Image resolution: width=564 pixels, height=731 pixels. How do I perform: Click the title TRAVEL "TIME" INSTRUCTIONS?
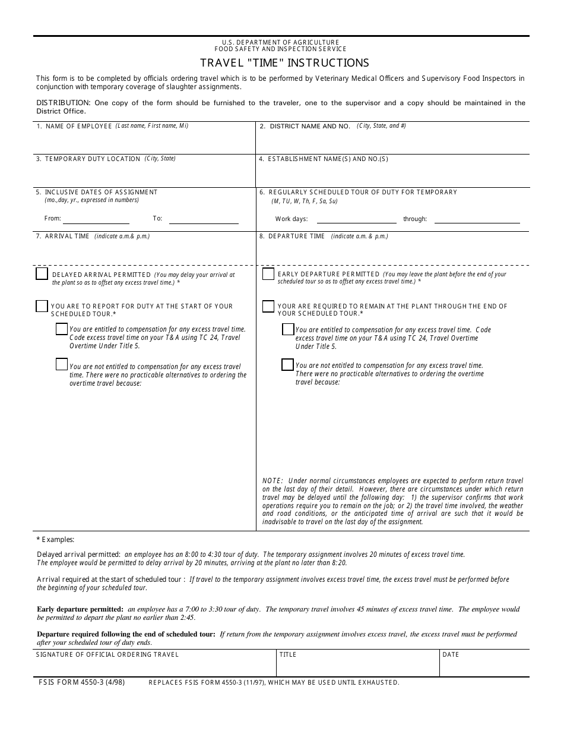[284, 63]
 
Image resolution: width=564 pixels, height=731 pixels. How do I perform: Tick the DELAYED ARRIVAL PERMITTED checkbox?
[42, 273]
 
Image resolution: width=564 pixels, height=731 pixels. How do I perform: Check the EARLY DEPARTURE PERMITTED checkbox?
[268, 274]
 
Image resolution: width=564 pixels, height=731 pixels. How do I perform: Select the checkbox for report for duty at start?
[42, 306]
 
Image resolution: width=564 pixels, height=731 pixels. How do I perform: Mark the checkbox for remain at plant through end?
[268, 306]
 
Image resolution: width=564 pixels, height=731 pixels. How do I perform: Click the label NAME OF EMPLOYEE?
[78, 127]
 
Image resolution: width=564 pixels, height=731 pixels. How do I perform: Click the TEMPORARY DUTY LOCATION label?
[92, 159]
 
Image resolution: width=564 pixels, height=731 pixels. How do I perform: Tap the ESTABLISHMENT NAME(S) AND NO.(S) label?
[328, 159]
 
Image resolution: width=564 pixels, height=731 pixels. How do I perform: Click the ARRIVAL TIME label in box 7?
[66, 237]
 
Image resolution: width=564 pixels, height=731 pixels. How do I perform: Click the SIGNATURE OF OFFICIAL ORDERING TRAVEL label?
[107, 655]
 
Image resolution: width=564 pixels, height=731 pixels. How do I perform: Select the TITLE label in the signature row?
[288, 655]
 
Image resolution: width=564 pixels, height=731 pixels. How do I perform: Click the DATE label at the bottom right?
[451, 655]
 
